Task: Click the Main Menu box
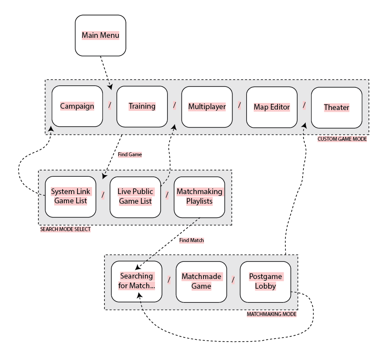pyautogui.click(x=100, y=35)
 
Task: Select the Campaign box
pyautogui.click(x=77, y=106)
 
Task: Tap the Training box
pyautogui.click(x=142, y=106)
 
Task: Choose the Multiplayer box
pyautogui.click(x=207, y=107)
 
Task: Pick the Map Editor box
pyautogui.click(x=272, y=107)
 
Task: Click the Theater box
pyautogui.click(x=337, y=107)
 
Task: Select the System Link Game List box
pyautogui.click(x=70, y=196)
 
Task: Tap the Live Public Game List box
pyautogui.click(x=135, y=196)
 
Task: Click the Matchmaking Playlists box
pyautogui.click(x=200, y=196)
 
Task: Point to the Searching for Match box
pyautogui.click(x=137, y=281)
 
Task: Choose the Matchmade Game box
pyautogui.click(x=201, y=281)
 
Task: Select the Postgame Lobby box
pyautogui.click(x=266, y=281)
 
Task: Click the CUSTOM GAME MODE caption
pyautogui.click(x=342, y=139)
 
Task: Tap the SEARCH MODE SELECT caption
pyautogui.click(x=65, y=229)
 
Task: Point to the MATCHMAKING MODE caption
pyautogui.click(x=271, y=314)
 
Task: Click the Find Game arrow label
pyautogui.click(x=130, y=154)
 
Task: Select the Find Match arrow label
pyautogui.click(x=192, y=240)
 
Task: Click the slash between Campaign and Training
pyautogui.click(x=110, y=105)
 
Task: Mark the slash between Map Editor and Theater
pyautogui.click(x=304, y=105)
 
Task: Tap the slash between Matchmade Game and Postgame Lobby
pyautogui.click(x=233, y=279)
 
